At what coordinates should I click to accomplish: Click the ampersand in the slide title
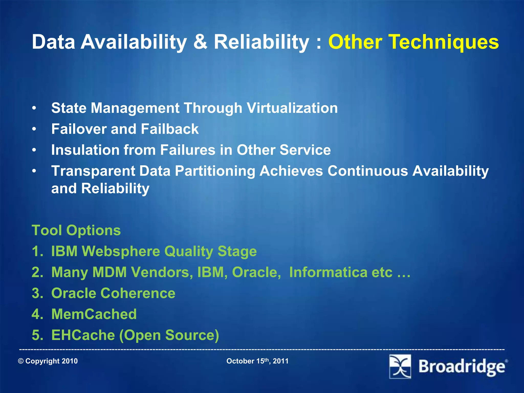pyautogui.click(x=200, y=42)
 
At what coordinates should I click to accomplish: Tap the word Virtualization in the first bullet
pyautogui.click(x=292, y=108)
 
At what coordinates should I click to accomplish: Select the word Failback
pyautogui.click(x=170, y=129)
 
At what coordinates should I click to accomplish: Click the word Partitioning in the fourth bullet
pyautogui.click(x=215, y=171)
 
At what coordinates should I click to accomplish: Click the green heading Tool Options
pyautogui.click(x=76, y=230)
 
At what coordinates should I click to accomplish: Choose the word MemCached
pyautogui.click(x=94, y=314)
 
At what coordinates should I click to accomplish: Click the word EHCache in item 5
pyautogui.click(x=83, y=335)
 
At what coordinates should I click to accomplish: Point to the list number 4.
pyautogui.click(x=36, y=314)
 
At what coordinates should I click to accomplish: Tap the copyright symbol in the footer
pyautogui.click(x=21, y=361)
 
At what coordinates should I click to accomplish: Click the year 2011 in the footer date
pyautogui.click(x=281, y=361)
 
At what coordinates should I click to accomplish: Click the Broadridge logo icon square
pyautogui.click(x=400, y=366)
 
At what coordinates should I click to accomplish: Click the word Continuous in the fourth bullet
pyautogui.click(x=368, y=171)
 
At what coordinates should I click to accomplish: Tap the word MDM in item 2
pyautogui.click(x=110, y=272)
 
